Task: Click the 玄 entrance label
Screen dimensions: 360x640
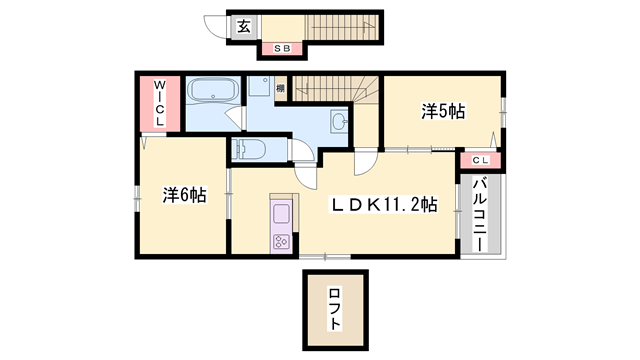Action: tap(243, 27)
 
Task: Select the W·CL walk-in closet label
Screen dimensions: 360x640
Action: tap(160, 104)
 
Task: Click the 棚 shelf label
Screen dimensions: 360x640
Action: tap(281, 89)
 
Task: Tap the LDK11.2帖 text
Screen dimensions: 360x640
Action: tap(384, 205)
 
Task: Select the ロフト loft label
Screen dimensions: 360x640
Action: tap(335, 309)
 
